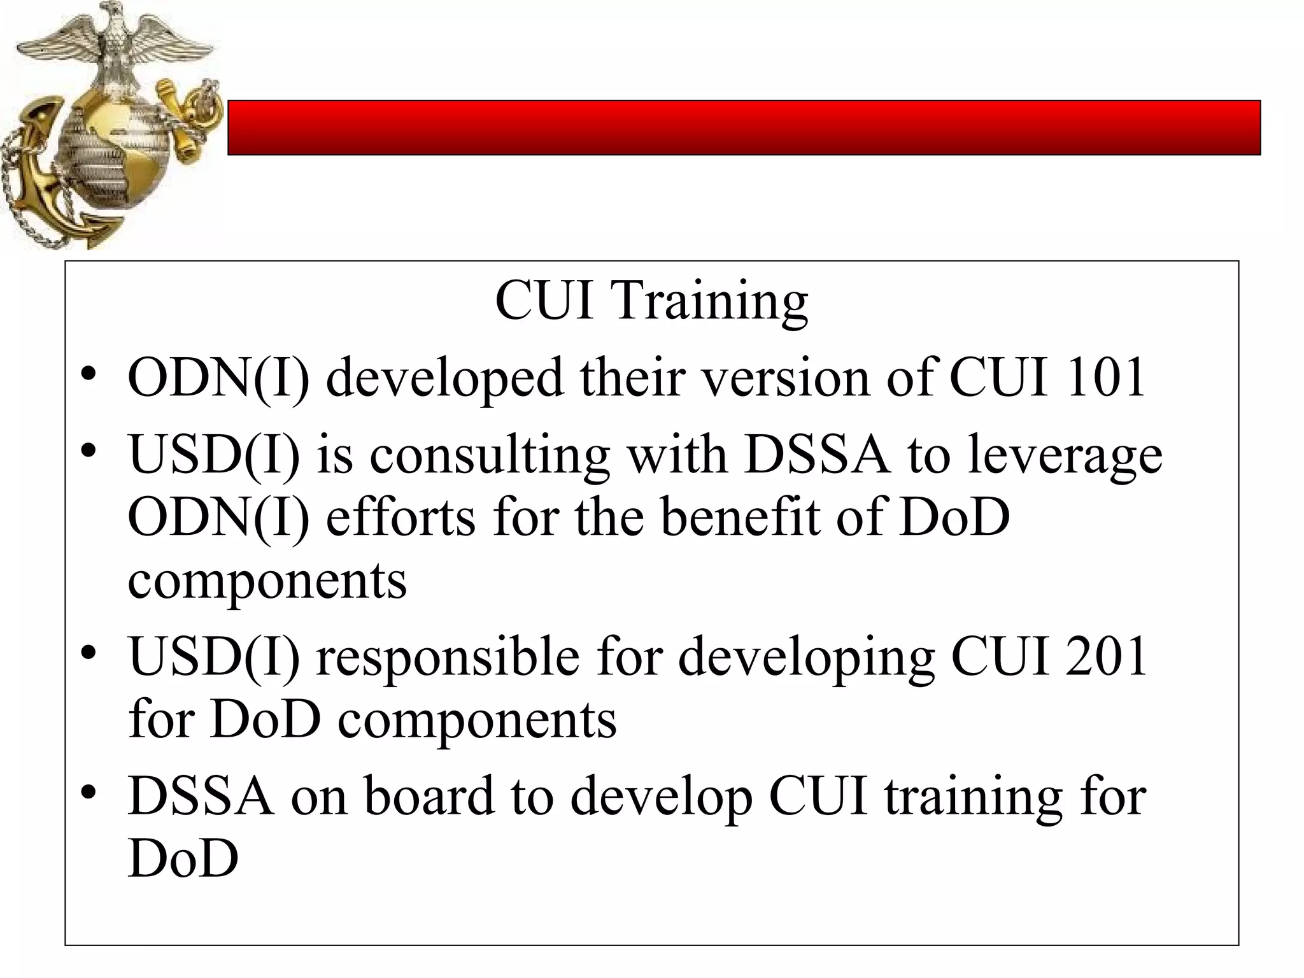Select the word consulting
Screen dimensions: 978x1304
point(490,456)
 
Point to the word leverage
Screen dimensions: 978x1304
point(1065,456)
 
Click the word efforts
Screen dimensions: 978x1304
point(400,517)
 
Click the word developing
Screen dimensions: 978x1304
point(805,658)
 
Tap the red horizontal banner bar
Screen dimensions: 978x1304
point(744,127)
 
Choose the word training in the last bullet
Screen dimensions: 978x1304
point(973,797)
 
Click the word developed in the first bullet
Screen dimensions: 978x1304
point(444,378)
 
